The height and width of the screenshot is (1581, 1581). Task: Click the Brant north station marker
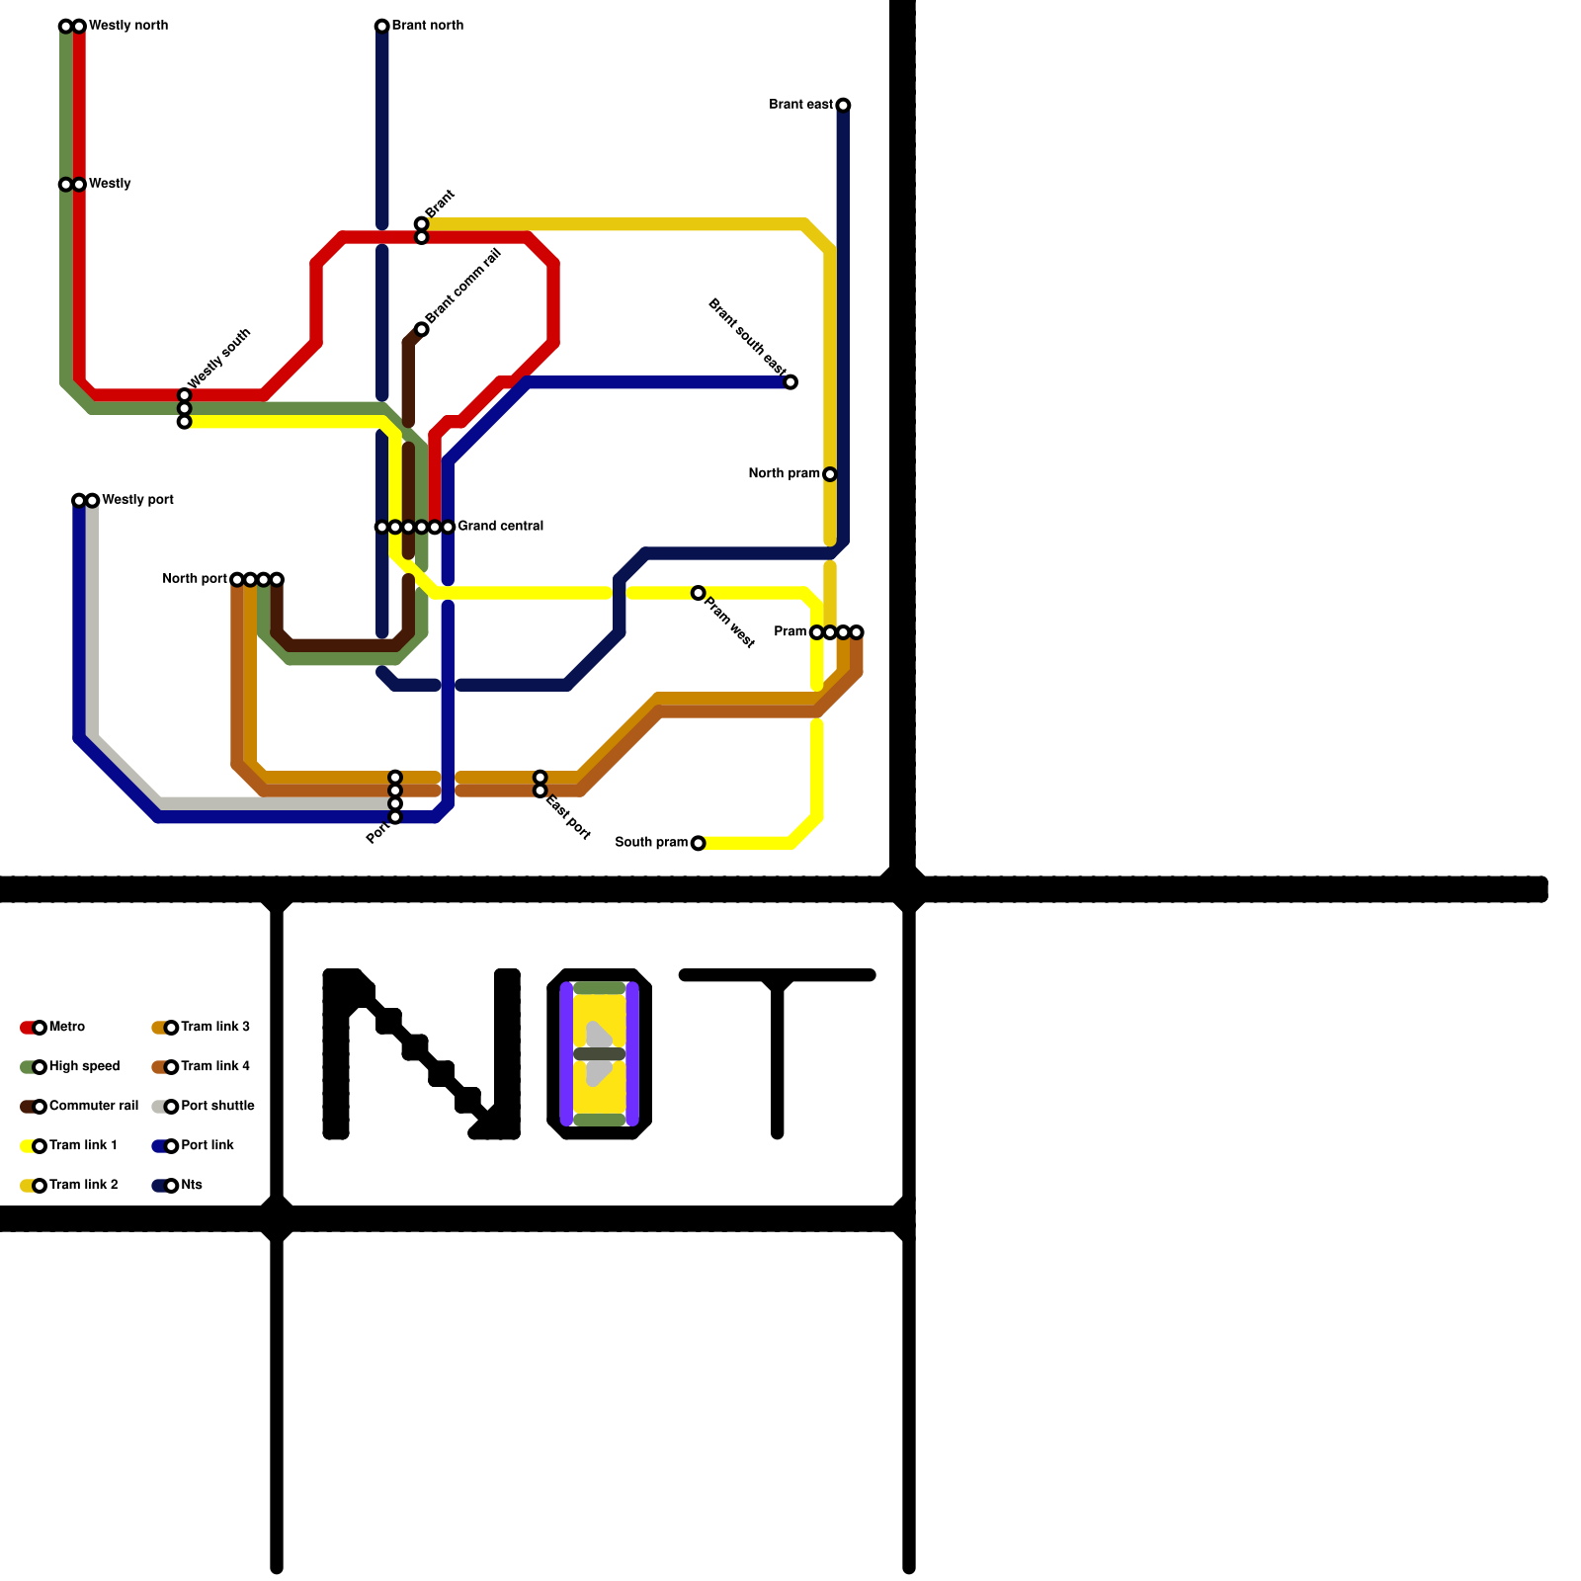(x=381, y=26)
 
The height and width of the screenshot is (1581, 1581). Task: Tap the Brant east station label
(x=800, y=105)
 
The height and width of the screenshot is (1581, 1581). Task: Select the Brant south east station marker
(x=790, y=382)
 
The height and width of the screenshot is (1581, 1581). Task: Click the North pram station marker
(x=830, y=474)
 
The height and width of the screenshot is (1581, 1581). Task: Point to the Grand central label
(x=500, y=527)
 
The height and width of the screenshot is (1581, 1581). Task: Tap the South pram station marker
(x=698, y=843)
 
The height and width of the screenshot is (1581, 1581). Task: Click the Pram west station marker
(x=698, y=593)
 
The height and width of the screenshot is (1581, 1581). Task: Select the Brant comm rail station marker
(x=422, y=329)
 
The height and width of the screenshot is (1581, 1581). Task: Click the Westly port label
(x=137, y=500)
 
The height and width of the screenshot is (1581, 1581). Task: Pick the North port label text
(x=195, y=579)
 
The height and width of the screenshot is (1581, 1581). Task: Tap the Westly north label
(x=127, y=26)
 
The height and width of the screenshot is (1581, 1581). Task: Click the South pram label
(x=650, y=843)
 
